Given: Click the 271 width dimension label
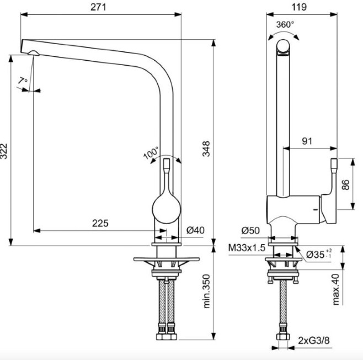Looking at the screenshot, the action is [99, 7].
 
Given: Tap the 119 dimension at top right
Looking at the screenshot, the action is [299, 7].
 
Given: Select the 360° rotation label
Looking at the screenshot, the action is [285, 24].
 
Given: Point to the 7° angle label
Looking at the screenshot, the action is [23, 81].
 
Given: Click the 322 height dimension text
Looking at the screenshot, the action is [4, 151].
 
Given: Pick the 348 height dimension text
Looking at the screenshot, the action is [206, 149].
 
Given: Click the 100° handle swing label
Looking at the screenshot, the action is [151, 152].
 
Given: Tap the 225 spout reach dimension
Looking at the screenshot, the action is [100, 223].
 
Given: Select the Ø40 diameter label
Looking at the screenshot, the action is [196, 230].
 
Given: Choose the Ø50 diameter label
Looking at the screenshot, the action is [250, 230].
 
